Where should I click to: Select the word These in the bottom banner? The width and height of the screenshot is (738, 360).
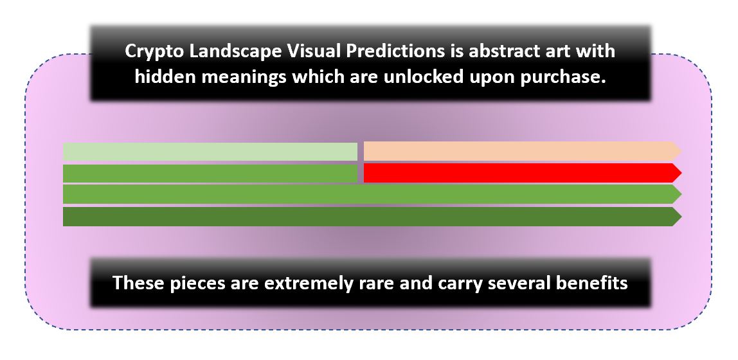point(134,283)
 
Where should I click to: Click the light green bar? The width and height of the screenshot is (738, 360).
point(210,152)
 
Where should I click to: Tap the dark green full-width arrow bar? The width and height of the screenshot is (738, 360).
point(372,217)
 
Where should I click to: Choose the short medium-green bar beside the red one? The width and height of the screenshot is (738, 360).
point(210,173)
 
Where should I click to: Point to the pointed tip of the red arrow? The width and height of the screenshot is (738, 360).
point(681,173)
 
